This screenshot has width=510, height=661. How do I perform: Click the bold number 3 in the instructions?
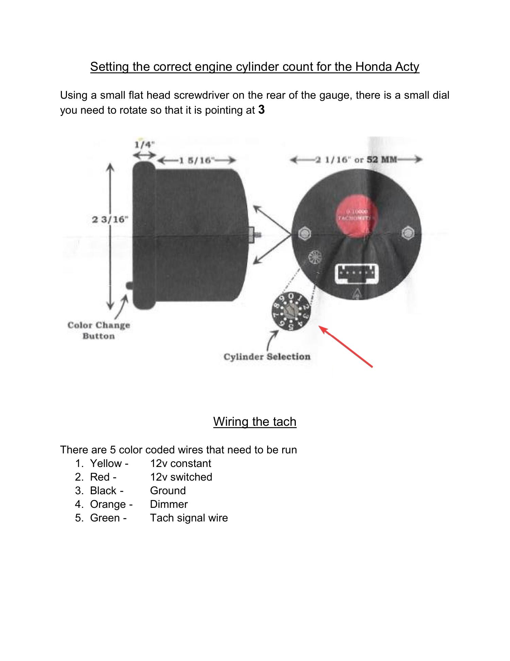tap(261, 110)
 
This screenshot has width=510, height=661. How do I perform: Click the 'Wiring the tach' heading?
tap(255, 421)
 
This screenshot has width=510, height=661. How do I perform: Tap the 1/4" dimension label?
tap(144, 144)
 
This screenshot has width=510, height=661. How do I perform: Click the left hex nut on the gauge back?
tap(305, 233)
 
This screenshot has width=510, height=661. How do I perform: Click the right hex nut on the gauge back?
tap(407, 233)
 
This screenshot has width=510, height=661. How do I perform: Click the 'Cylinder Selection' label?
tap(267, 357)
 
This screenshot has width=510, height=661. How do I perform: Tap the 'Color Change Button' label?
tap(99, 330)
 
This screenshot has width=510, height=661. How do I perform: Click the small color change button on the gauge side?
tap(129, 285)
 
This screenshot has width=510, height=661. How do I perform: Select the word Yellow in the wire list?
tap(106, 463)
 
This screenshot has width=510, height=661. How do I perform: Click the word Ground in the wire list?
tap(168, 490)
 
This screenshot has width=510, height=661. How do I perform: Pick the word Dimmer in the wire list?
tap(169, 504)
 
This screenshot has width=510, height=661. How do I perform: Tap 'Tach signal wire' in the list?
tap(189, 518)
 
